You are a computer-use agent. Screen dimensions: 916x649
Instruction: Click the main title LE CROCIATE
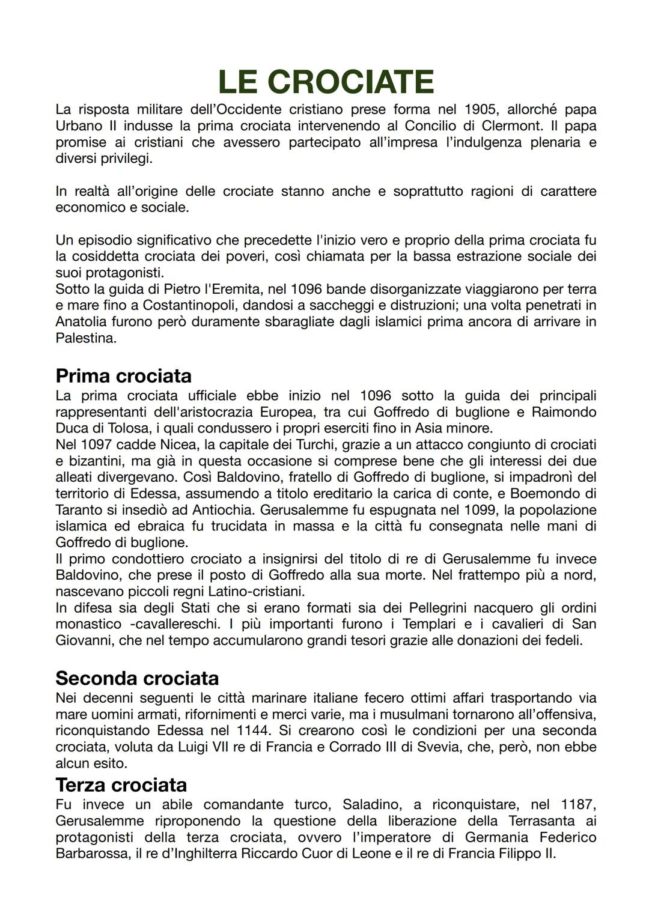[x=325, y=82]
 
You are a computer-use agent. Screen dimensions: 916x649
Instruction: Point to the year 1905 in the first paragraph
[x=481, y=110]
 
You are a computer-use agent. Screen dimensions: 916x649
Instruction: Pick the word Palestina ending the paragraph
[x=85, y=338]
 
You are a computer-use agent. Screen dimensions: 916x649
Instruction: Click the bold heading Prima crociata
[x=123, y=376]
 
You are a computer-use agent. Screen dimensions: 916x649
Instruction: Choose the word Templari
[x=430, y=624]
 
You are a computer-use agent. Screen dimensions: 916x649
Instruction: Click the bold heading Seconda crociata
[x=137, y=678]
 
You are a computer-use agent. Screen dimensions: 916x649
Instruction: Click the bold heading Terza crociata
[x=121, y=784]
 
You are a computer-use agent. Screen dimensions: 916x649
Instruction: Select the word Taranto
[x=79, y=510]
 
